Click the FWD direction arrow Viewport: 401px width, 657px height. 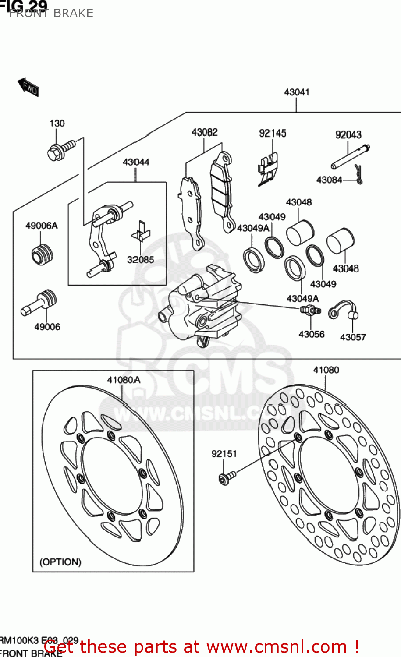tap(29, 87)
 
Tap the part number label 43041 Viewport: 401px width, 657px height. tap(297, 92)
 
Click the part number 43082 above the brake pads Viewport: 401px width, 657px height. tap(204, 132)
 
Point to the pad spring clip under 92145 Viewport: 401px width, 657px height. tap(268, 168)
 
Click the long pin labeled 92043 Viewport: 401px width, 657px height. tap(350, 156)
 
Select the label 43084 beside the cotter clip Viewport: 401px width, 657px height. tap(329, 180)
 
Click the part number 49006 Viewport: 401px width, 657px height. tap(47, 327)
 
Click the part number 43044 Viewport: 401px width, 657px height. tap(136, 162)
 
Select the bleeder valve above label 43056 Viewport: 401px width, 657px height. tap(310, 311)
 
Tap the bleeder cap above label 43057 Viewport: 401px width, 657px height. tap(344, 309)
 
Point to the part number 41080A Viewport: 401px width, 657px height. tap(124, 380)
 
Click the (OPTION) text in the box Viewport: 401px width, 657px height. tap(60, 562)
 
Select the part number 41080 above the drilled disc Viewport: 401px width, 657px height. tap(326, 370)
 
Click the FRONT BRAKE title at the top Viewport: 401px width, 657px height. tap(51, 13)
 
